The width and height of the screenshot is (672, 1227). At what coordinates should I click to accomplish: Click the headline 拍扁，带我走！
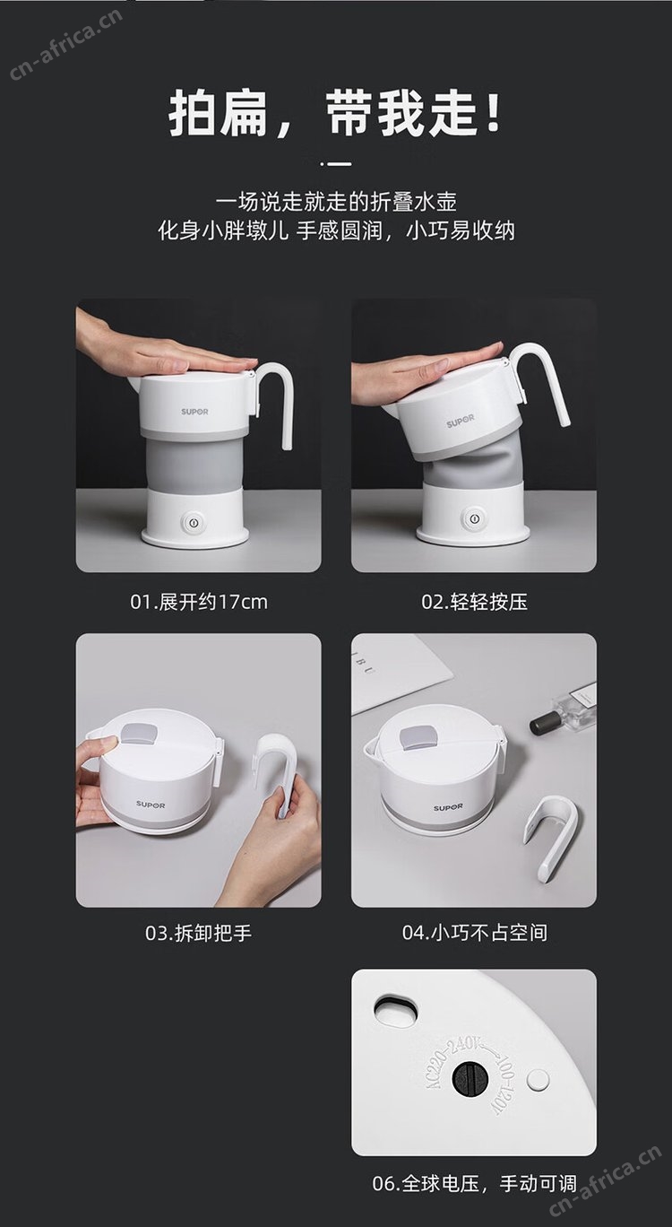click(335, 113)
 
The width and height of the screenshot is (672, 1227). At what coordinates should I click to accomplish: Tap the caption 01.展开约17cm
click(199, 602)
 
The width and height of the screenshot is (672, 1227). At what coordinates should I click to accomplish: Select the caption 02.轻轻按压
click(474, 602)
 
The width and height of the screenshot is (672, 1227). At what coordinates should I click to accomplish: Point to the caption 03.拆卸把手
click(198, 933)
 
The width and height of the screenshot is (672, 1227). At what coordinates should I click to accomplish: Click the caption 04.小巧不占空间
click(475, 933)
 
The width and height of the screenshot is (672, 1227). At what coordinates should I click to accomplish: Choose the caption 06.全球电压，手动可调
click(474, 1184)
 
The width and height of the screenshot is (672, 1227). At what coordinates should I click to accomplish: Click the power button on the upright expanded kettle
click(193, 522)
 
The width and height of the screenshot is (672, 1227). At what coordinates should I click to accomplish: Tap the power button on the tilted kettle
click(472, 517)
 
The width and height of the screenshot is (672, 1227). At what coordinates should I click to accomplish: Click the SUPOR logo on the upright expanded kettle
click(194, 412)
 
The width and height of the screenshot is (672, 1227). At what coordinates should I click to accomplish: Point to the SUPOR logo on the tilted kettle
click(461, 422)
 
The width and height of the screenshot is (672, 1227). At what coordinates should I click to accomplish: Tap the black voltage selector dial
click(470, 1079)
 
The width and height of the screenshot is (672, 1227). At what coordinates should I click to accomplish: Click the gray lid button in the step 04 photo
click(418, 738)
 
